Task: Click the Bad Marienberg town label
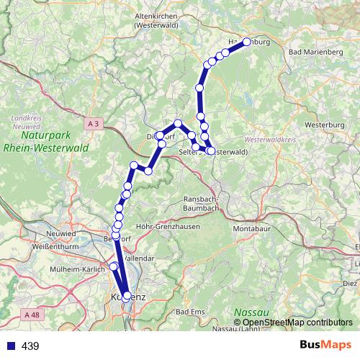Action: [315, 53]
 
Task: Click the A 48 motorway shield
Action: [30, 315]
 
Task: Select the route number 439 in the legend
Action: [31, 346]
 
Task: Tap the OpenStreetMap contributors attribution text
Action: [298, 323]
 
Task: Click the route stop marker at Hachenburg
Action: [246, 42]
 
